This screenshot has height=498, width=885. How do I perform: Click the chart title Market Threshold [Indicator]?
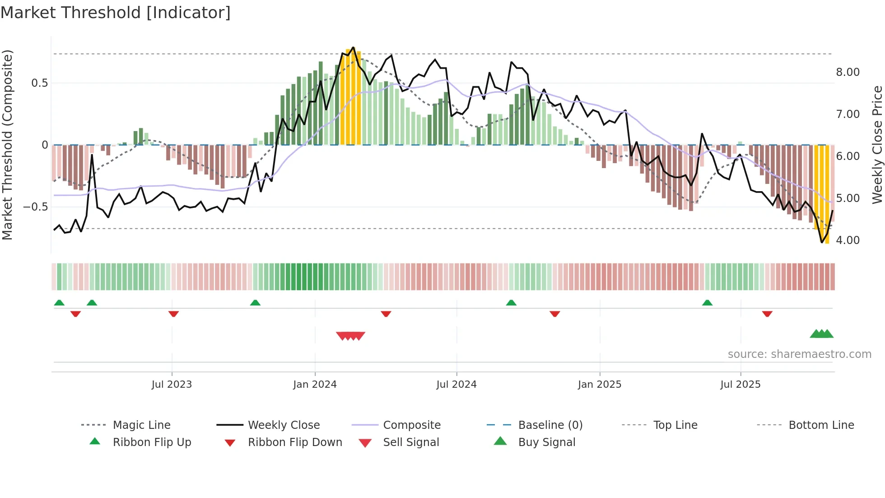click(116, 13)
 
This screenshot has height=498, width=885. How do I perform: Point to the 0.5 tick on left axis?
click(39, 83)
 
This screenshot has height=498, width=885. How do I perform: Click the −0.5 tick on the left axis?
click(35, 207)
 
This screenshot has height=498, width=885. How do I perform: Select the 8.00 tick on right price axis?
click(848, 72)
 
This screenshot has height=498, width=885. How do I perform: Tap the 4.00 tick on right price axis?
click(848, 240)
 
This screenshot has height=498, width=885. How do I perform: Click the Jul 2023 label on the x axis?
click(172, 385)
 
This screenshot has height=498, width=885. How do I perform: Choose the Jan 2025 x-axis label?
click(599, 385)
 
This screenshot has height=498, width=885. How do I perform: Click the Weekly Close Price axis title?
click(877, 145)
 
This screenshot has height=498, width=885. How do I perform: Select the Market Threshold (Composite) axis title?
click(7, 145)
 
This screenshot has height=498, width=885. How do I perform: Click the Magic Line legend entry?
click(141, 425)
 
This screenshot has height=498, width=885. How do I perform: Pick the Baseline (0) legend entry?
click(550, 425)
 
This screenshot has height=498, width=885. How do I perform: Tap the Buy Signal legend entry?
click(546, 442)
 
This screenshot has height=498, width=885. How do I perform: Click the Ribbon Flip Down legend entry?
click(295, 442)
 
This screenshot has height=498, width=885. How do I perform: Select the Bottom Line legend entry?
click(821, 425)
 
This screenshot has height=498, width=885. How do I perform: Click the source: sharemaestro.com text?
click(799, 354)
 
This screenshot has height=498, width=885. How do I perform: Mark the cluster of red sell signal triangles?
click(350, 336)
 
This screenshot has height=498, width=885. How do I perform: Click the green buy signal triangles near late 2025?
click(821, 334)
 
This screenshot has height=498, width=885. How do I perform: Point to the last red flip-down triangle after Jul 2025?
click(767, 314)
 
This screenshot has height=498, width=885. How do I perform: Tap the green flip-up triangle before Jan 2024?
click(255, 303)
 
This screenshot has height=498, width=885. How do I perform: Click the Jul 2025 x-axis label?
click(740, 385)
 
